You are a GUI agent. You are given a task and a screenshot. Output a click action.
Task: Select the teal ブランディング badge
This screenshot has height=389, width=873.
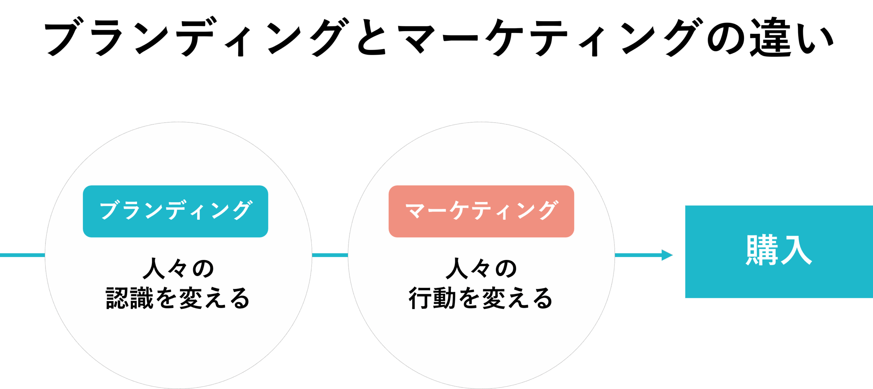[175, 211]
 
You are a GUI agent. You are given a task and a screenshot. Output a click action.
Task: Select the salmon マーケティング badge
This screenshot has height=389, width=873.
[481, 211]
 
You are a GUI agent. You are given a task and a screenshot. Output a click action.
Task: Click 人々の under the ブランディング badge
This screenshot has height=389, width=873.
[178, 269]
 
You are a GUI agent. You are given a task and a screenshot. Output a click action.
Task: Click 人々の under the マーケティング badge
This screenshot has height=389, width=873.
[481, 269]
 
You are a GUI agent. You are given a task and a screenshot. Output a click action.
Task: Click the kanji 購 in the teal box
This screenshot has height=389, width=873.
[762, 250]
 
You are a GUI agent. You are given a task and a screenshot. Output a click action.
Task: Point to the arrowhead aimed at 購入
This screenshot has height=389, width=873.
[667, 255]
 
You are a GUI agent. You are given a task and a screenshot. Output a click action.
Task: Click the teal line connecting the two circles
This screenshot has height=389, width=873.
[330, 255]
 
